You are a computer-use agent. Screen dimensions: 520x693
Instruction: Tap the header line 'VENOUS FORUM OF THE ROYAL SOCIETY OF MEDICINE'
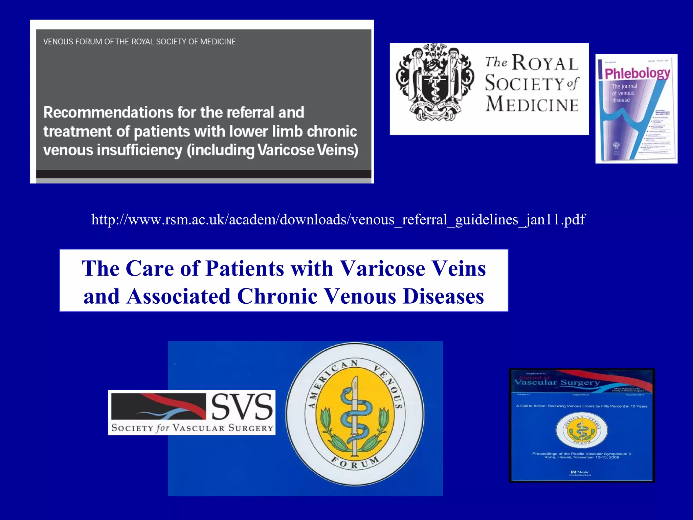coord(139,42)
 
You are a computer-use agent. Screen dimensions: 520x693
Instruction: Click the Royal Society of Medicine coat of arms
coord(435,82)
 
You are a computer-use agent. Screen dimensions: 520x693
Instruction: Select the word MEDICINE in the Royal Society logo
coord(532,104)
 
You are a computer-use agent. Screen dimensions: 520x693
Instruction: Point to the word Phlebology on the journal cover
coord(637,73)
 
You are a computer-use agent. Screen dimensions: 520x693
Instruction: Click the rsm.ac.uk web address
coord(338,219)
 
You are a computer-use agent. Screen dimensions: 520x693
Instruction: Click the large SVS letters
coord(242,407)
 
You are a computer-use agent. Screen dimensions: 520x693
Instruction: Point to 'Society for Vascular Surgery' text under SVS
coord(192,428)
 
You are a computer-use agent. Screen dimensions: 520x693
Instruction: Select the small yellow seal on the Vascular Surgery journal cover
coord(581,430)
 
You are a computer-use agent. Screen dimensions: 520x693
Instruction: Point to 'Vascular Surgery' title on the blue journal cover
coord(557,383)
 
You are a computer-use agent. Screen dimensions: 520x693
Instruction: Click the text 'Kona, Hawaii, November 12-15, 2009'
coord(581,457)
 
